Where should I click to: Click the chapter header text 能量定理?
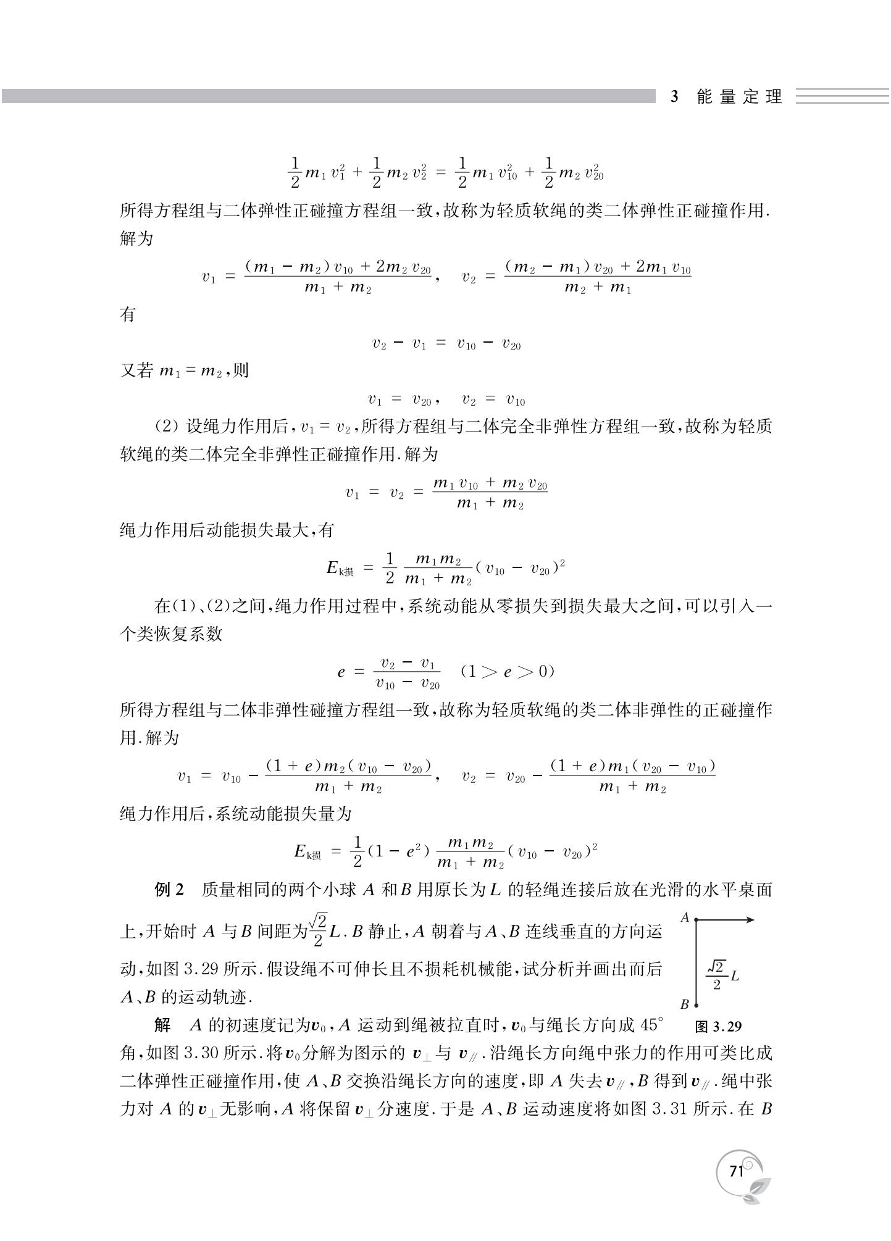point(739,97)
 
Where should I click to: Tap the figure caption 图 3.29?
point(718,1026)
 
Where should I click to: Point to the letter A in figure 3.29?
point(685,917)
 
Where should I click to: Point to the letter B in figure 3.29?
point(685,1005)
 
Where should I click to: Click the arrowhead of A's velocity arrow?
point(750,920)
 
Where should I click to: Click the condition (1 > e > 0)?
point(508,672)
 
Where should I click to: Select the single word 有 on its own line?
point(128,314)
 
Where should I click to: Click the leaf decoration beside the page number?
point(757,1190)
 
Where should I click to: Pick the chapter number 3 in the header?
point(674,97)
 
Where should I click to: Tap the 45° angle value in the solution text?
point(651,1026)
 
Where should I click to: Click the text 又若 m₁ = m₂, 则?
point(184,371)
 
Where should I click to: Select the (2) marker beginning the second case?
point(166,427)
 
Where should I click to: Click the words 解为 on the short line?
point(136,239)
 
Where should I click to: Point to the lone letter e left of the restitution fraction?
point(341,672)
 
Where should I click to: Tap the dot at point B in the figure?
point(696,1005)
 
